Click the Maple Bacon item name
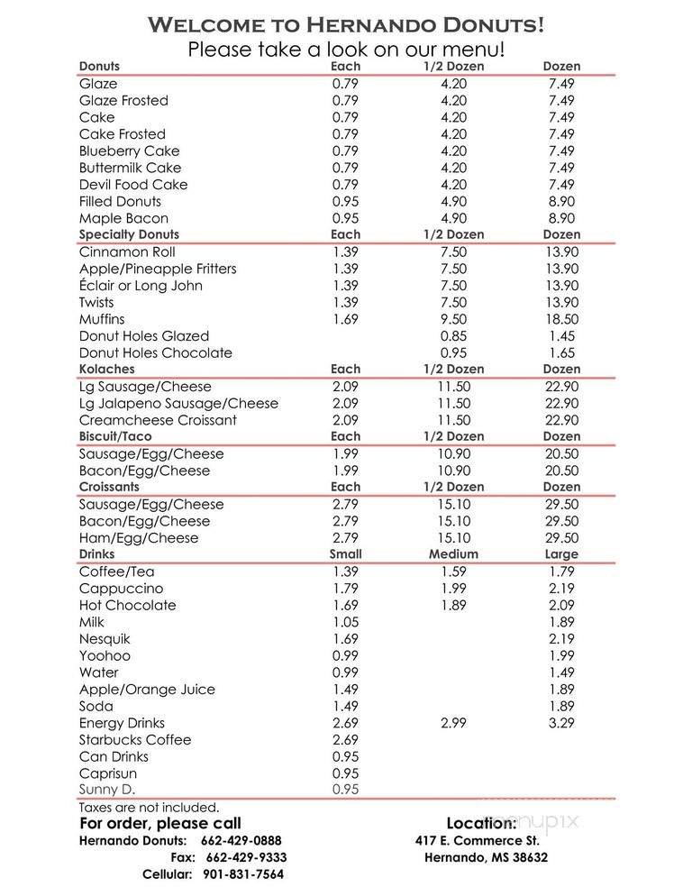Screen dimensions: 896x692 coord(123,218)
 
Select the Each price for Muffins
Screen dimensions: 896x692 coord(345,319)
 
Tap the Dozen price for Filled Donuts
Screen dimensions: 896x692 coord(560,201)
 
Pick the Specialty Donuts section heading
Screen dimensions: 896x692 coord(129,234)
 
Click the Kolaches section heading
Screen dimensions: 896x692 coord(106,369)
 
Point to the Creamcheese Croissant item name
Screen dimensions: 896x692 coord(158,420)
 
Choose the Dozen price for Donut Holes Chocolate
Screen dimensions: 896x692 coord(560,352)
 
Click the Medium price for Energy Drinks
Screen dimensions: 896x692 coord(454,723)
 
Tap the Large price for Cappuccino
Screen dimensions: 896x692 coord(560,589)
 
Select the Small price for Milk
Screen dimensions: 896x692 coord(345,622)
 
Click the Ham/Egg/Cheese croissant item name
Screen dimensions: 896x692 coord(139,538)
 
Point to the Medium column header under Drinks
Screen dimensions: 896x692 coord(453,554)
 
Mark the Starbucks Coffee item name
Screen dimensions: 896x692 coord(135,740)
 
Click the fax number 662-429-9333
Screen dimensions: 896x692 coord(246,858)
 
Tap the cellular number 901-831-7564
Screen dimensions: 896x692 coord(244,875)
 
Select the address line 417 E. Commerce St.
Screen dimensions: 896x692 coord(478,840)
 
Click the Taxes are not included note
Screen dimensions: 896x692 coord(149,808)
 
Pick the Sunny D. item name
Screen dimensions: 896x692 coord(110,790)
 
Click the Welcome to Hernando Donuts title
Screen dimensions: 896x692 coord(346,23)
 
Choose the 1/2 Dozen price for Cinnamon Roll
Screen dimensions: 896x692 coord(454,251)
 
